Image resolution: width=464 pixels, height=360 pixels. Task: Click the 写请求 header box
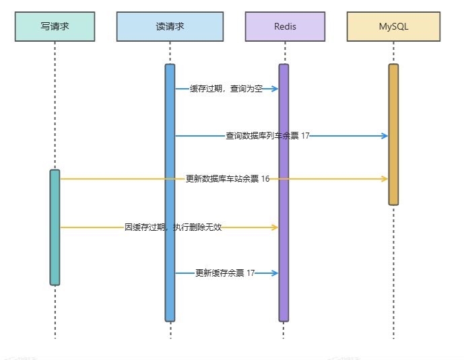[55, 26]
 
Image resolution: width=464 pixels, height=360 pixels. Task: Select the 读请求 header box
[170, 26]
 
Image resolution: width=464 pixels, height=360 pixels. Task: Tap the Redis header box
[285, 26]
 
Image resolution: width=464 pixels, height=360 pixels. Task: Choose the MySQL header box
[394, 26]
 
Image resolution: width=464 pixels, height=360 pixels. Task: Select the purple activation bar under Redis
[284, 195]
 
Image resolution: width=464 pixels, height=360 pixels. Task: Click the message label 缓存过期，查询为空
[226, 89]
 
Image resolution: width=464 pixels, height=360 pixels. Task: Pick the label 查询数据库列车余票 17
[267, 136]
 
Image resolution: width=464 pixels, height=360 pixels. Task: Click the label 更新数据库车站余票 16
[228, 179]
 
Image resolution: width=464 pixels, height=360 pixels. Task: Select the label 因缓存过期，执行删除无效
[173, 227]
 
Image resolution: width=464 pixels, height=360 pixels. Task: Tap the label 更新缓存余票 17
[225, 273]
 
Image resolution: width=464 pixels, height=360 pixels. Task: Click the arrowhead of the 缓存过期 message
[275, 89]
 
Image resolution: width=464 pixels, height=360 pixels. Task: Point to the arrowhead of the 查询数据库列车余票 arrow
[385, 136]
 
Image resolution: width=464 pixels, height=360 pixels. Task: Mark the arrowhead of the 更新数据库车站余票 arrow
[385, 179]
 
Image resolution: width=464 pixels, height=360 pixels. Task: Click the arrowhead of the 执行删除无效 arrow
[275, 227]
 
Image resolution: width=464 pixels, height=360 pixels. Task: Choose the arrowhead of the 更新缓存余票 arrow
[275, 273]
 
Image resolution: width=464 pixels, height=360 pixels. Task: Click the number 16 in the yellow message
[265, 179]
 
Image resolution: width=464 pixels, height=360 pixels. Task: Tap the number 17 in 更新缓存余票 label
[251, 273]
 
